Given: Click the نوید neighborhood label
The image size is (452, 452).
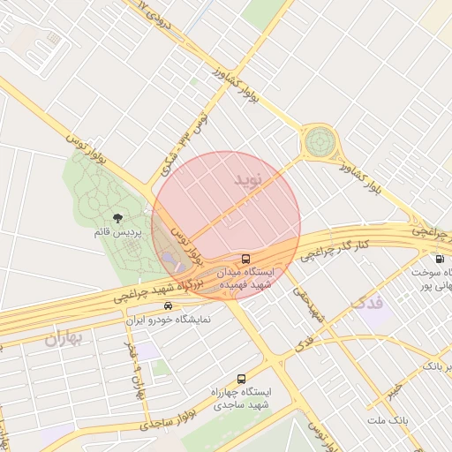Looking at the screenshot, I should (248, 179).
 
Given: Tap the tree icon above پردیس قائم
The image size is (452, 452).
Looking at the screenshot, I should (117, 217).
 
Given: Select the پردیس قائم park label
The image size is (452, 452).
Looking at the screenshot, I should (117, 232).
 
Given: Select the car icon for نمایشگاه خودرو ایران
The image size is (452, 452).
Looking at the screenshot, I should (156, 305).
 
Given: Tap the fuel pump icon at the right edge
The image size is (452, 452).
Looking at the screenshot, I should (441, 260).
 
